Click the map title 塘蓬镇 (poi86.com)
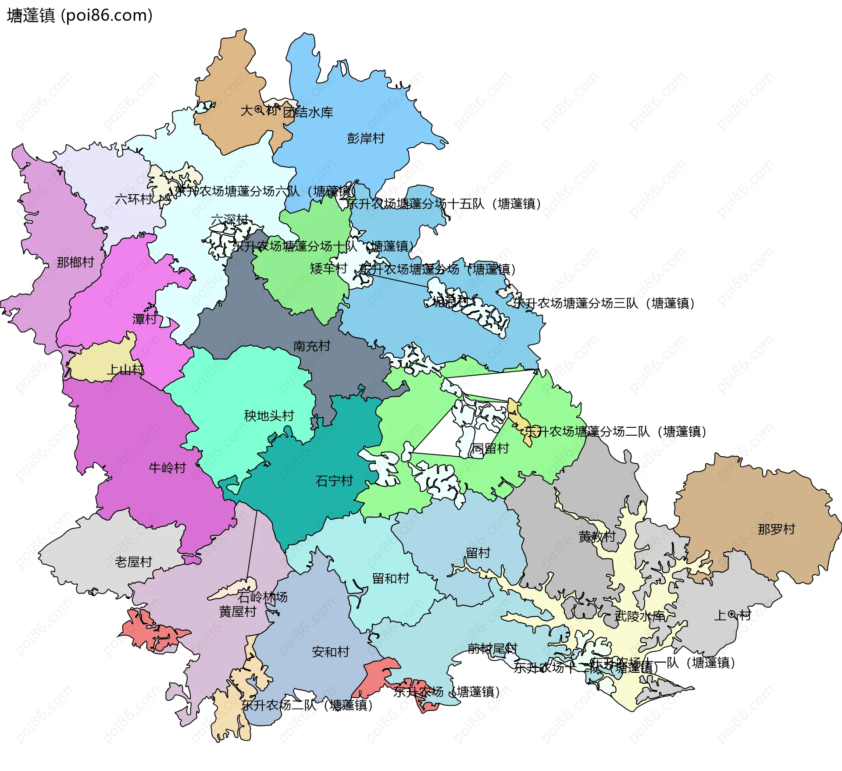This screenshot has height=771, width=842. tap(80, 16)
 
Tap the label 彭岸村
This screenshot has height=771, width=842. tap(365, 139)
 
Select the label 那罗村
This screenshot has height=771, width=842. tap(776, 529)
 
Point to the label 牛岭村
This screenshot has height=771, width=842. tap(167, 468)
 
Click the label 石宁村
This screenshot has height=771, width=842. tap(334, 481)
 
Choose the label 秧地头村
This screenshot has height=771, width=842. tap(269, 416)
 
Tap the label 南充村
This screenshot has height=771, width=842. tap(311, 346)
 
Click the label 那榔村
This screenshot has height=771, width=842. tap(75, 262)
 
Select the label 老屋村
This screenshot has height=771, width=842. tap(133, 561)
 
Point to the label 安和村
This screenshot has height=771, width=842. tap(330, 652)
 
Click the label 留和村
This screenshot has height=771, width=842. tap(390, 578)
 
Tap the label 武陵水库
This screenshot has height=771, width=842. tap(639, 616)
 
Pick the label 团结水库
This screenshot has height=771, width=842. tap(308, 112)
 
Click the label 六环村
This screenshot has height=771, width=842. tap(133, 199)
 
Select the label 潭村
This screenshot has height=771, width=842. tap(144, 319)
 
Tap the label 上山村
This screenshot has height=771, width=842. tap(125, 370)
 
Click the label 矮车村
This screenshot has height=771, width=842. tap(328, 268)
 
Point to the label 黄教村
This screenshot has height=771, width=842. tap(596, 536)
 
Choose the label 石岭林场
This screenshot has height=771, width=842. tap(262, 597)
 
